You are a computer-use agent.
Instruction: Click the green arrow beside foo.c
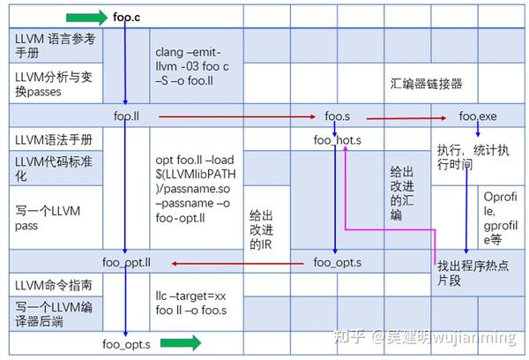[85, 16]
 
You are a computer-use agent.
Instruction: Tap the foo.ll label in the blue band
[130, 115]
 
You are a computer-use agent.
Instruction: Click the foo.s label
[339, 116]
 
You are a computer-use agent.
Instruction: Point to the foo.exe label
[477, 116]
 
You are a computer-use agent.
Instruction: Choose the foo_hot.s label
[338, 139]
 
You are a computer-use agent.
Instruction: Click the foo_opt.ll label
[128, 262]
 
